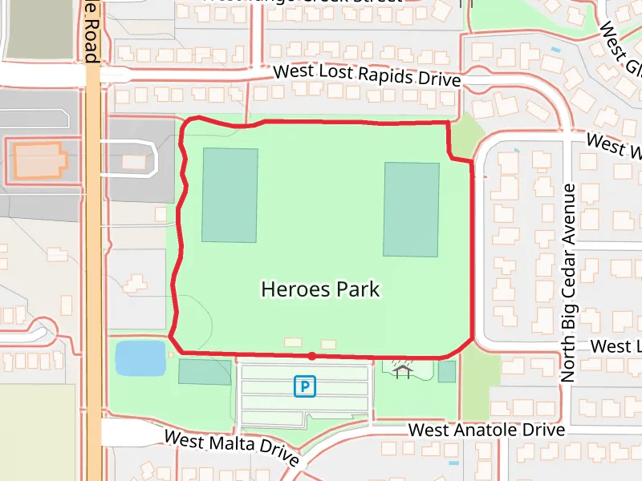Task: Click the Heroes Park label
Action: click(x=320, y=289)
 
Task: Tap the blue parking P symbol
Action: click(x=305, y=387)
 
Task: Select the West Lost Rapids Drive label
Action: click(x=367, y=75)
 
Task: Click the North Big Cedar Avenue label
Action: click(x=569, y=282)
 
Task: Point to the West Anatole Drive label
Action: click(x=486, y=430)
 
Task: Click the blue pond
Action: click(x=140, y=358)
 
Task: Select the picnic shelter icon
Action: click(x=402, y=370)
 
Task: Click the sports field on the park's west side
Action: click(x=230, y=195)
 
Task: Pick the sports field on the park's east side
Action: click(x=411, y=209)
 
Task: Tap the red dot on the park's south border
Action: click(x=311, y=354)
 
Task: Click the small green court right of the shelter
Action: click(x=446, y=371)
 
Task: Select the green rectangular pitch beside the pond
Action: click(x=204, y=372)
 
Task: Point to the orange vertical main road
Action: click(x=93, y=265)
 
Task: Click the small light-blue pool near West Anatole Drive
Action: click(x=454, y=463)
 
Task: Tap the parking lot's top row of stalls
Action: click(x=305, y=372)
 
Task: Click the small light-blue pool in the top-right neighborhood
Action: click(x=555, y=50)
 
